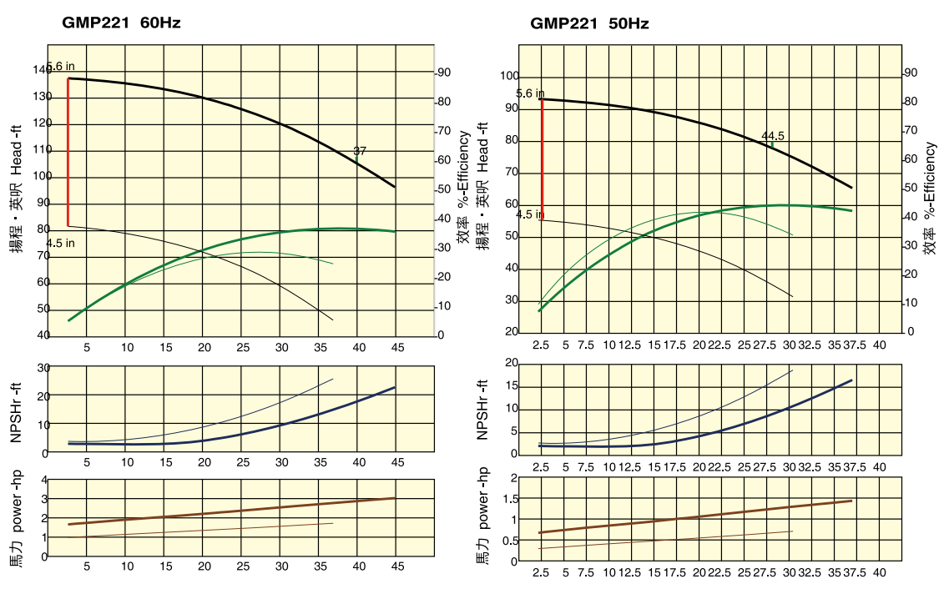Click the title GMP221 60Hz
[121, 23]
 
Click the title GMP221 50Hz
[589, 23]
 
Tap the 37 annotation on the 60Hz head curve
[360, 151]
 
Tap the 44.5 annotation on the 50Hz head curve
[773, 136]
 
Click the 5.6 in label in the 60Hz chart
[60, 66]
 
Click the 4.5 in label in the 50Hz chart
[530, 214]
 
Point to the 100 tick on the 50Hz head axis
[509, 77]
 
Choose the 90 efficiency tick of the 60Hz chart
[446, 73]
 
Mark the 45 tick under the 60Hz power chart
[396, 567]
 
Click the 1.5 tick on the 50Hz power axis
[509, 498]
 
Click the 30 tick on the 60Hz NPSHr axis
[43, 367]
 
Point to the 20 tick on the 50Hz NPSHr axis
[512, 364]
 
